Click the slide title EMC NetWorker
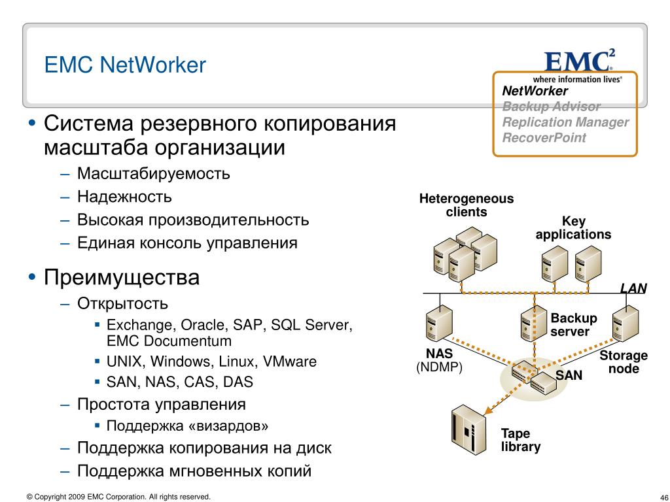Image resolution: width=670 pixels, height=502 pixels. [x=125, y=65]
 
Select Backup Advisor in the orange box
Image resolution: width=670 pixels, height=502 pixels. [x=551, y=107]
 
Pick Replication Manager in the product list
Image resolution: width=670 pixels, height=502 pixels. [x=565, y=122]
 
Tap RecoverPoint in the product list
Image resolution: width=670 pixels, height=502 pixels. [x=544, y=137]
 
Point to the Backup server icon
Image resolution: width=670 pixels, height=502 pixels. [x=534, y=323]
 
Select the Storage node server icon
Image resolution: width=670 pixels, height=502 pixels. [x=625, y=323]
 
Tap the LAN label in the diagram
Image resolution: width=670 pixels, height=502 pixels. [x=633, y=288]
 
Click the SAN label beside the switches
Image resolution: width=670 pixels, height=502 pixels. [x=569, y=375]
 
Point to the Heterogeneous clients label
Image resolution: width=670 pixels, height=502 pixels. [x=466, y=205]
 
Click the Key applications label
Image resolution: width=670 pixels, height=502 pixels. [x=573, y=227]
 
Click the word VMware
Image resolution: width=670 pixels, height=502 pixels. [x=290, y=361]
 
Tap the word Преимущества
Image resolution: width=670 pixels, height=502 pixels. [x=122, y=277]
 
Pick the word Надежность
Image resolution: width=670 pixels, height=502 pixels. [x=124, y=197]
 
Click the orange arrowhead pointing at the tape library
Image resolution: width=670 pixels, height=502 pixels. [x=488, y=410]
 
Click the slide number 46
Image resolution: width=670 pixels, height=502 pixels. [x=664, y=497]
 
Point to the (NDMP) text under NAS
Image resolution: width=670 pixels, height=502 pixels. [x=439, y=367]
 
